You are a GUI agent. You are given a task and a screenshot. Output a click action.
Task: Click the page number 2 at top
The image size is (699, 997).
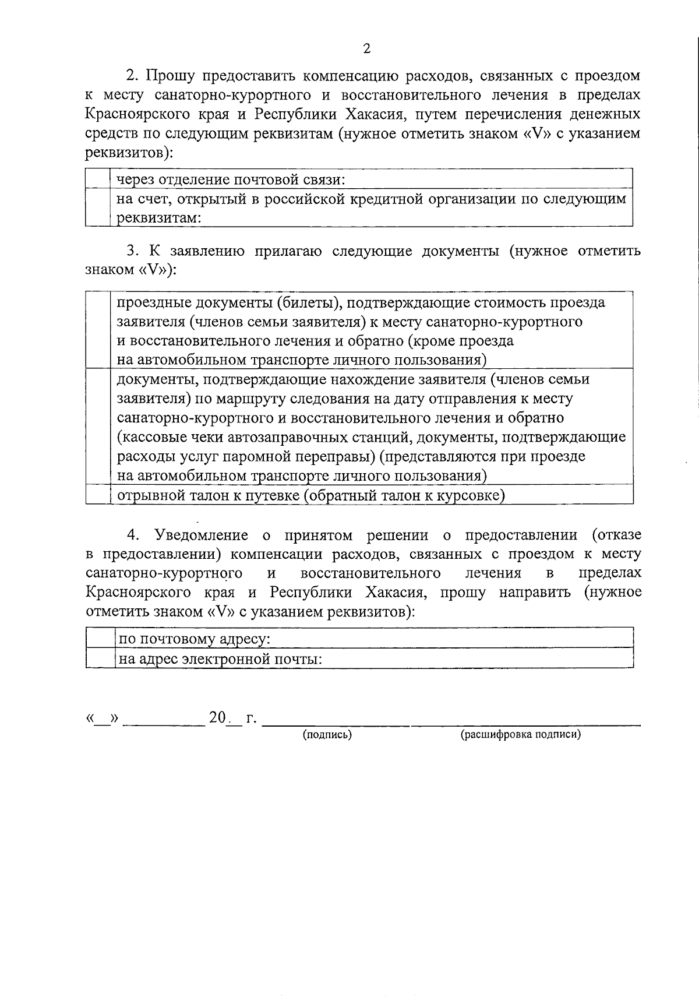[366, 49]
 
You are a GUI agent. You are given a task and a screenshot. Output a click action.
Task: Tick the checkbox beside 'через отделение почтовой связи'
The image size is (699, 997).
[97, 179]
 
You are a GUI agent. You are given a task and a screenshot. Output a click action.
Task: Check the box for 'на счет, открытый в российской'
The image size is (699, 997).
[97, 207]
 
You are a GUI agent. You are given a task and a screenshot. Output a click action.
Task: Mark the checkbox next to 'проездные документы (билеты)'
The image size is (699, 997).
[97, 330]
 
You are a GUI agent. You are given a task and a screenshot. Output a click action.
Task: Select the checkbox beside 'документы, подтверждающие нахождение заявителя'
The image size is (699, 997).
[97, 427]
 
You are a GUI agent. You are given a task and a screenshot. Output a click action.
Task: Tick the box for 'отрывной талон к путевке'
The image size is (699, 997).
[97, 495]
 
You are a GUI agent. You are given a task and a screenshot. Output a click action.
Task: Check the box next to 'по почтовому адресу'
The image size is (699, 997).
[100, 638]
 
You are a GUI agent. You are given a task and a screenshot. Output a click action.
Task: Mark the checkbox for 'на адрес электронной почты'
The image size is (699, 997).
[100, 658]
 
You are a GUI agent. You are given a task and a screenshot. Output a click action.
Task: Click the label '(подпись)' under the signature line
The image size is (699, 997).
[327, 734]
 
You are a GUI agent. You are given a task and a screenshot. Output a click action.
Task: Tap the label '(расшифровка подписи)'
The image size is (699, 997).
[521, 734]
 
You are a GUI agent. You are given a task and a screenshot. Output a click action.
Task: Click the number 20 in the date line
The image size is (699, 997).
[217, 717]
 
